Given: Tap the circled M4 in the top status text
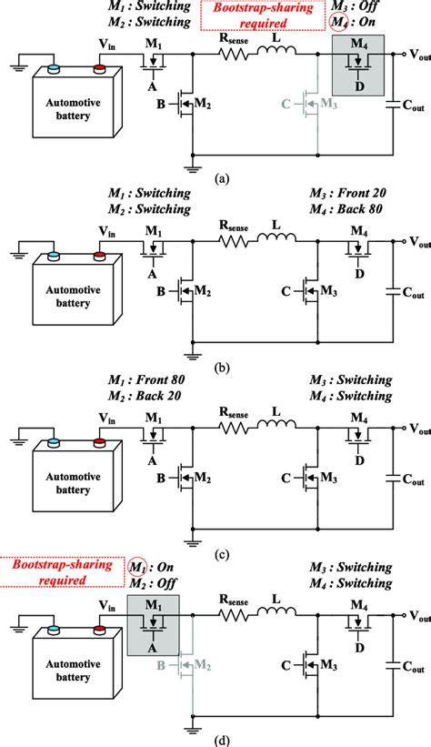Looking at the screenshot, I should tap(339, 23).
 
